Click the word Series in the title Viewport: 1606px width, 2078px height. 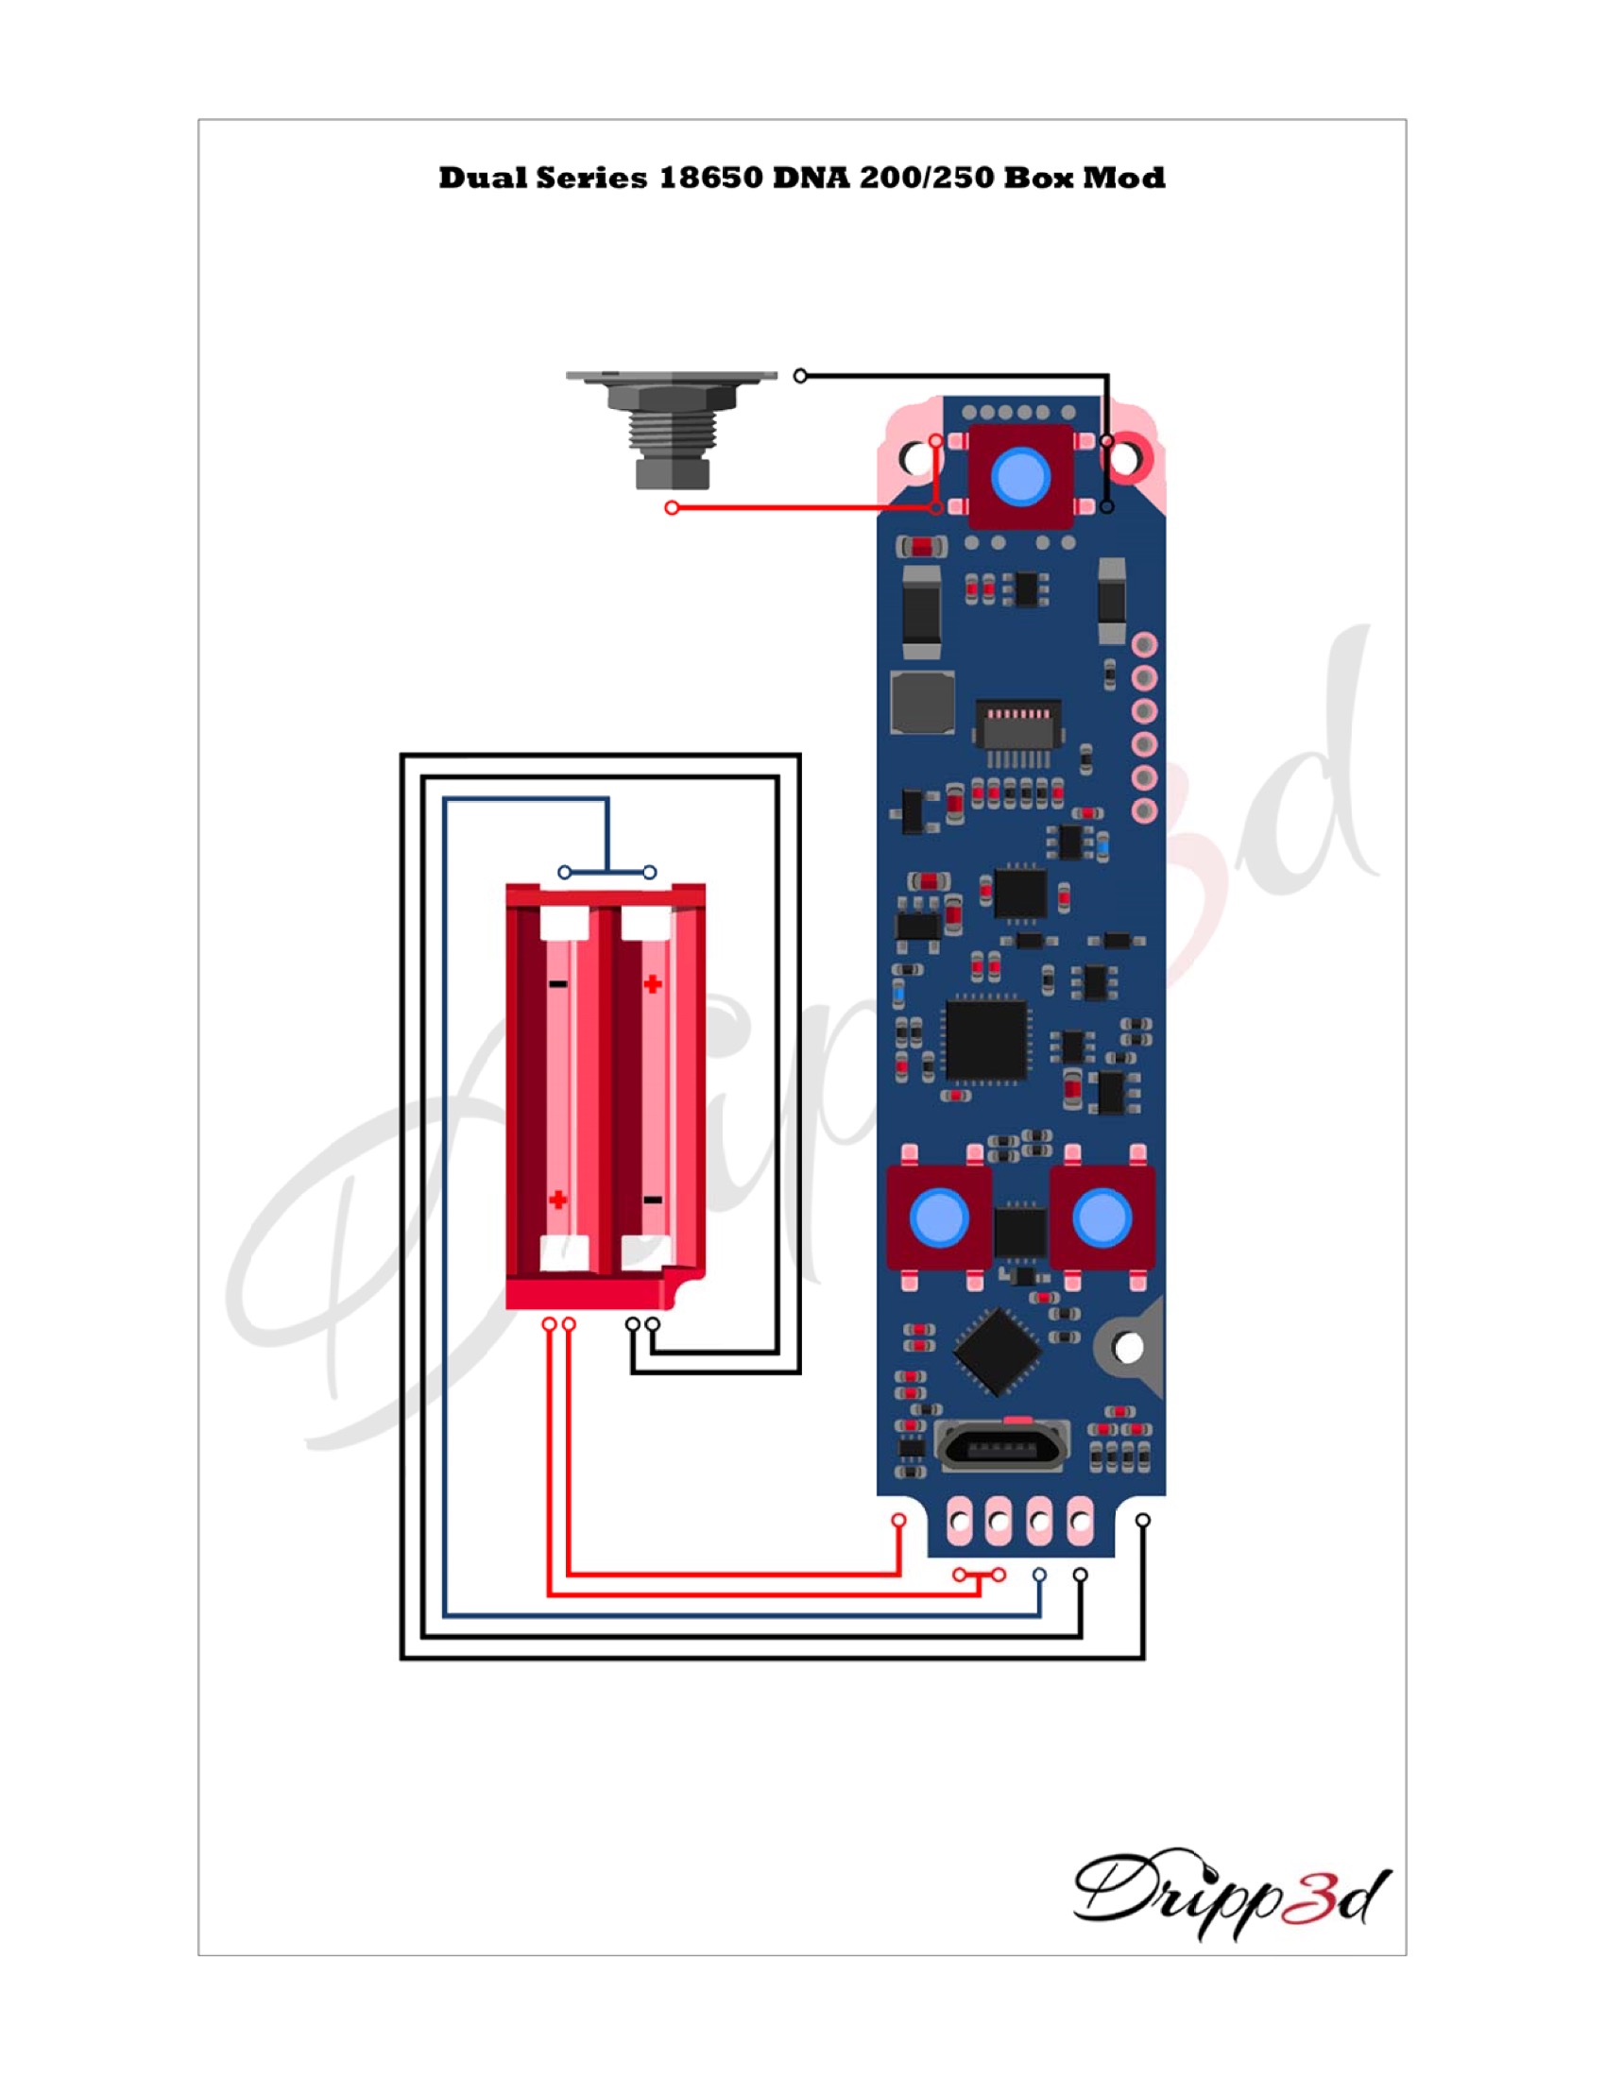[590, 178]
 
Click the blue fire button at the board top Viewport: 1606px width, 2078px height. [1021, 476]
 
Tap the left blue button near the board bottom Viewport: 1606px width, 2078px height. [939, 1217]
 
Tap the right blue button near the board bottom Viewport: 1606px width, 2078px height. [1102, 1217]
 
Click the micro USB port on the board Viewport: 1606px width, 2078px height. [1001, 1448]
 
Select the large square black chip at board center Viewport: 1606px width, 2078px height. [986, 1040]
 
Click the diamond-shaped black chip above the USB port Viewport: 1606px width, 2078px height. [996, 1349]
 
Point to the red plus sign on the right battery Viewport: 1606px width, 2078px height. [653, 984]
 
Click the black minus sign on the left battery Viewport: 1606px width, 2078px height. [558, 984]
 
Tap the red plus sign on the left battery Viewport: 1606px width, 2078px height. [558, 1200]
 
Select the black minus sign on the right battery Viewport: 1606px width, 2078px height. [653, 1200]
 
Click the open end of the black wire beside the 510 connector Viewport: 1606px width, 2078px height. [800, 376]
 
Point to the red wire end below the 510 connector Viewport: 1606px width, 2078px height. [672, 508]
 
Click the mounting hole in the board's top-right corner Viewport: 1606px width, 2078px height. [1124, 460]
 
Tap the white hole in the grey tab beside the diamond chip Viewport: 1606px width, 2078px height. [1128, 1347]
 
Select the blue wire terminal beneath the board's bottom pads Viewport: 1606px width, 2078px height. [1039, 1575]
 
